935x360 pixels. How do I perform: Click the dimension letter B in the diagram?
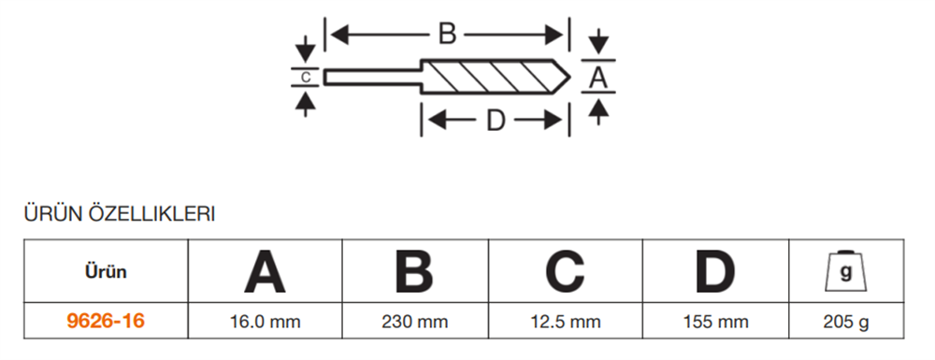point(447,36)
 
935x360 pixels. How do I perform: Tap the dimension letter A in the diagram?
point(599,79)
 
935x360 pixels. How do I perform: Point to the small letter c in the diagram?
point(305,76)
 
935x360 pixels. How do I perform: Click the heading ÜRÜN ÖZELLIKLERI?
point(119,215)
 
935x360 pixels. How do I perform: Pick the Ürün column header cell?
point(104,272)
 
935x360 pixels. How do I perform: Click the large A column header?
point(265,272)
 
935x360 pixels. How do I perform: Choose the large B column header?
point(414,272)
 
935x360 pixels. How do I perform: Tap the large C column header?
point(565,272)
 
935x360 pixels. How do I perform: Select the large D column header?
point(715,272)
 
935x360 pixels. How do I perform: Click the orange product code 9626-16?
point(105,322)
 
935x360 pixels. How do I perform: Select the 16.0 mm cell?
point(265,323)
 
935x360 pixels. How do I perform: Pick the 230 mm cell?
point(414,323)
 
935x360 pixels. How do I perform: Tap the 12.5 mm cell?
point(565,323)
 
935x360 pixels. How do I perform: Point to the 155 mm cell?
point(715,323)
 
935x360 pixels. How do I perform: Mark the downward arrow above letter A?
point(599,42)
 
